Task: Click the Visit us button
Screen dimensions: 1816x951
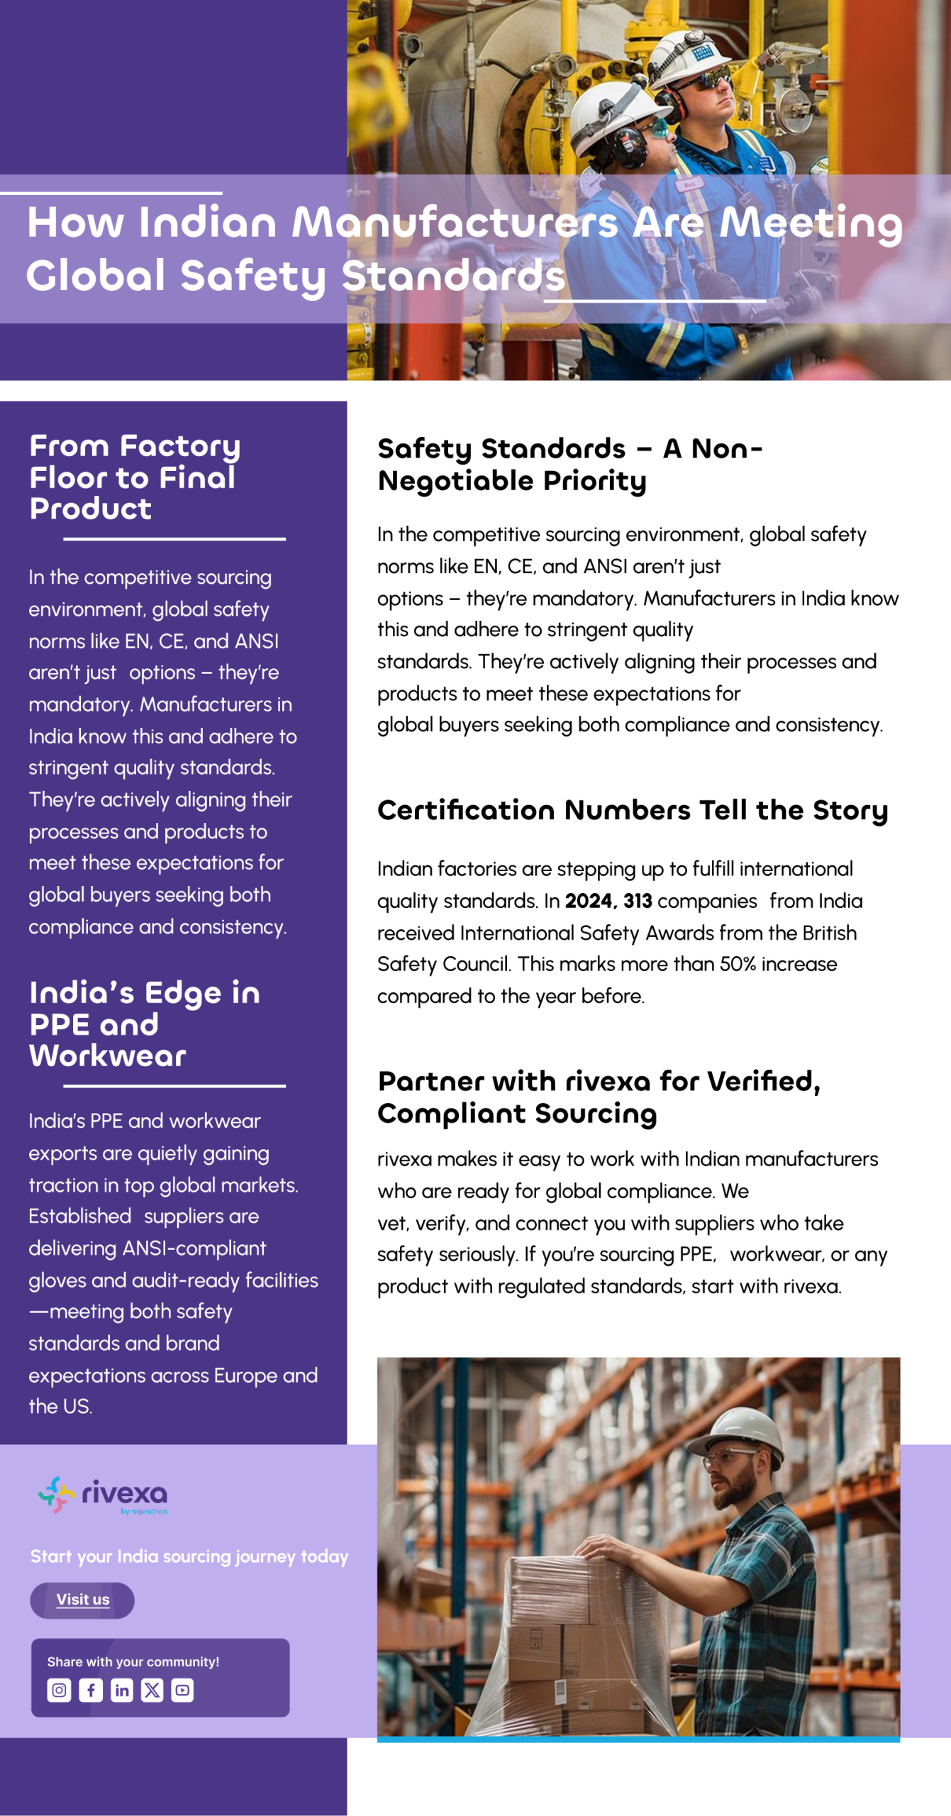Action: pyautogui.click(x=82, y=1600)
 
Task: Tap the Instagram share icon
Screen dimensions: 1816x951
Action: pyautogui.click(x=59, y=1690)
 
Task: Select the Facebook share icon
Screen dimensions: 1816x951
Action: pyautogui.click(x=91, y=1690)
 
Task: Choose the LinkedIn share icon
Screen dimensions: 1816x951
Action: pyautogui.click(x=122, y=1690)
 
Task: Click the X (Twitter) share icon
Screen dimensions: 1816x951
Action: pyautogui.click(x=152, y=1690)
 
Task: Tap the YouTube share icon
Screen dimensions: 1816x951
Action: pyautogui.click(x=182, y=1690)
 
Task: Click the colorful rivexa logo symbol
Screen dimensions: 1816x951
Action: pyautogui.click(x=56, y=1494)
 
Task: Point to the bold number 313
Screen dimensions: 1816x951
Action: pyautogui.click(x=638, y=901)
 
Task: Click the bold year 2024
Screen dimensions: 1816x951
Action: pyautogui.click(x=589, y=901)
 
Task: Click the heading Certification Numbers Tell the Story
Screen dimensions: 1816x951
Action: pyautogui.click(x=632, y=810)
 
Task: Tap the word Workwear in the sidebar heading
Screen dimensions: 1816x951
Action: pyautogui.click(x=108, y=1056)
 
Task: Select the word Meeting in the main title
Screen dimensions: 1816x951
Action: pyautogui.click(x=811, y=223)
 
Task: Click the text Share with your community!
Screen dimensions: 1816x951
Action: pyautogui.click(x=133, y=1661)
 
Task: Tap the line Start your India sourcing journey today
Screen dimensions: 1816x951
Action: pyautogui.click(x=189, y=1556)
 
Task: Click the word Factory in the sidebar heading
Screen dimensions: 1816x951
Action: pyautogui.click(x=180, y=446)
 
